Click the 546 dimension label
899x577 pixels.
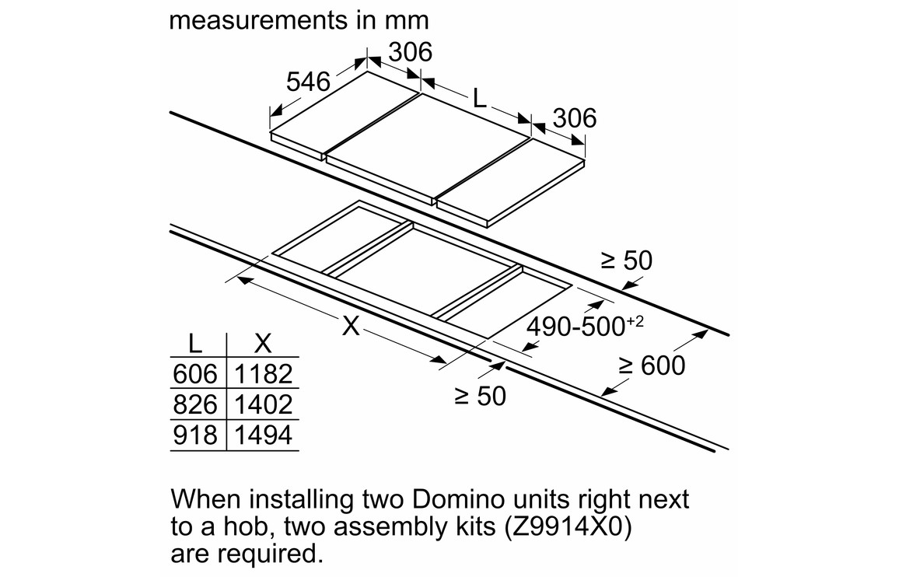click(x=308, y=81)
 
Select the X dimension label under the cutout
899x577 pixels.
click(x=352, y=326)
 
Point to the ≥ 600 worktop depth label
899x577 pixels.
click(x=652, y=365)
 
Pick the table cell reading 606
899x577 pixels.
click(x=194, y=374)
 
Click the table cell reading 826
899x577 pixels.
click(x=194, y=404)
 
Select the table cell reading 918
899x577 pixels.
click(x=194, y=435)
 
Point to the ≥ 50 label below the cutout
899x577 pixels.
click(x=480, y=396)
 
